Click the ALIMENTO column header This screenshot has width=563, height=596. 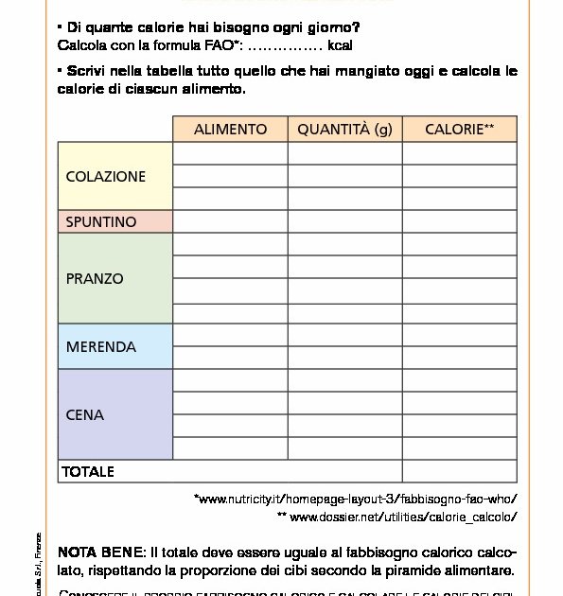(230, 130)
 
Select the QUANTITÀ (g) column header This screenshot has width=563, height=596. (344, 130)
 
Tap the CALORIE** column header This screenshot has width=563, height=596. (459, 130)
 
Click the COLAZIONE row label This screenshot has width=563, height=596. (106, 176)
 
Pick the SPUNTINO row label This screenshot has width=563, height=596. (101, 222)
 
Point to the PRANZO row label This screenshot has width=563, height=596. (95, 279)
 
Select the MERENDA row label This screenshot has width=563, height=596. (101, 347)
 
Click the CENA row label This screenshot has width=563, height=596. (85, 415)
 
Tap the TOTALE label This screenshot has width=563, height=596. (88, 471)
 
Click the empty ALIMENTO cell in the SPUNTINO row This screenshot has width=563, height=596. (230, 222)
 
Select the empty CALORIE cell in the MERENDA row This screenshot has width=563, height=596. (459, 347)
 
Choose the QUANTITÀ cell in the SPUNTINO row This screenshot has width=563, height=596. (344, 222)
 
